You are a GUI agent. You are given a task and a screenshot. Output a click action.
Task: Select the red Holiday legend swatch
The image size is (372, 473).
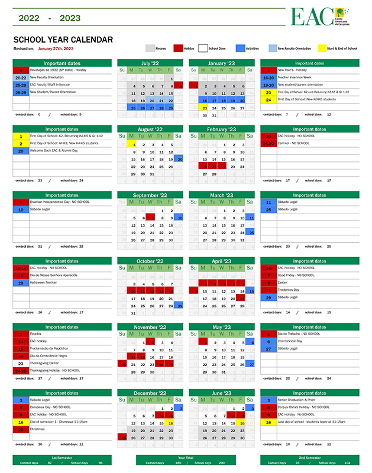coord(178,48)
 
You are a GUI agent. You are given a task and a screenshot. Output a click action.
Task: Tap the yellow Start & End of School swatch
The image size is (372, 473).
coord(322,48)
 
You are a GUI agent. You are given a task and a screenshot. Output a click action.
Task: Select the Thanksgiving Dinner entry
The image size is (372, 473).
coord(47,363)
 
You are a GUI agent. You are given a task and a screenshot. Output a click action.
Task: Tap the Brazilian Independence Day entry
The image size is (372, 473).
coord(57,202)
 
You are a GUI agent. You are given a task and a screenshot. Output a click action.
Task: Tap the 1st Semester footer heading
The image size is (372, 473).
coord(62,458)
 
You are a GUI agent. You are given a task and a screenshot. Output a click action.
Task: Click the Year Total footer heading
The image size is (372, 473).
coord(186,458)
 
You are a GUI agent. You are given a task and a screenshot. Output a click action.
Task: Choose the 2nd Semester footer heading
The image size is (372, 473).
coord(309,458)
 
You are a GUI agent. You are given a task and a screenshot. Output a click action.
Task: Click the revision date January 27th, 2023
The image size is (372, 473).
coord(56,48)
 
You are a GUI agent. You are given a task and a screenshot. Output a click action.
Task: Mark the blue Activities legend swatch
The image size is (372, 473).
coord(240,48)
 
